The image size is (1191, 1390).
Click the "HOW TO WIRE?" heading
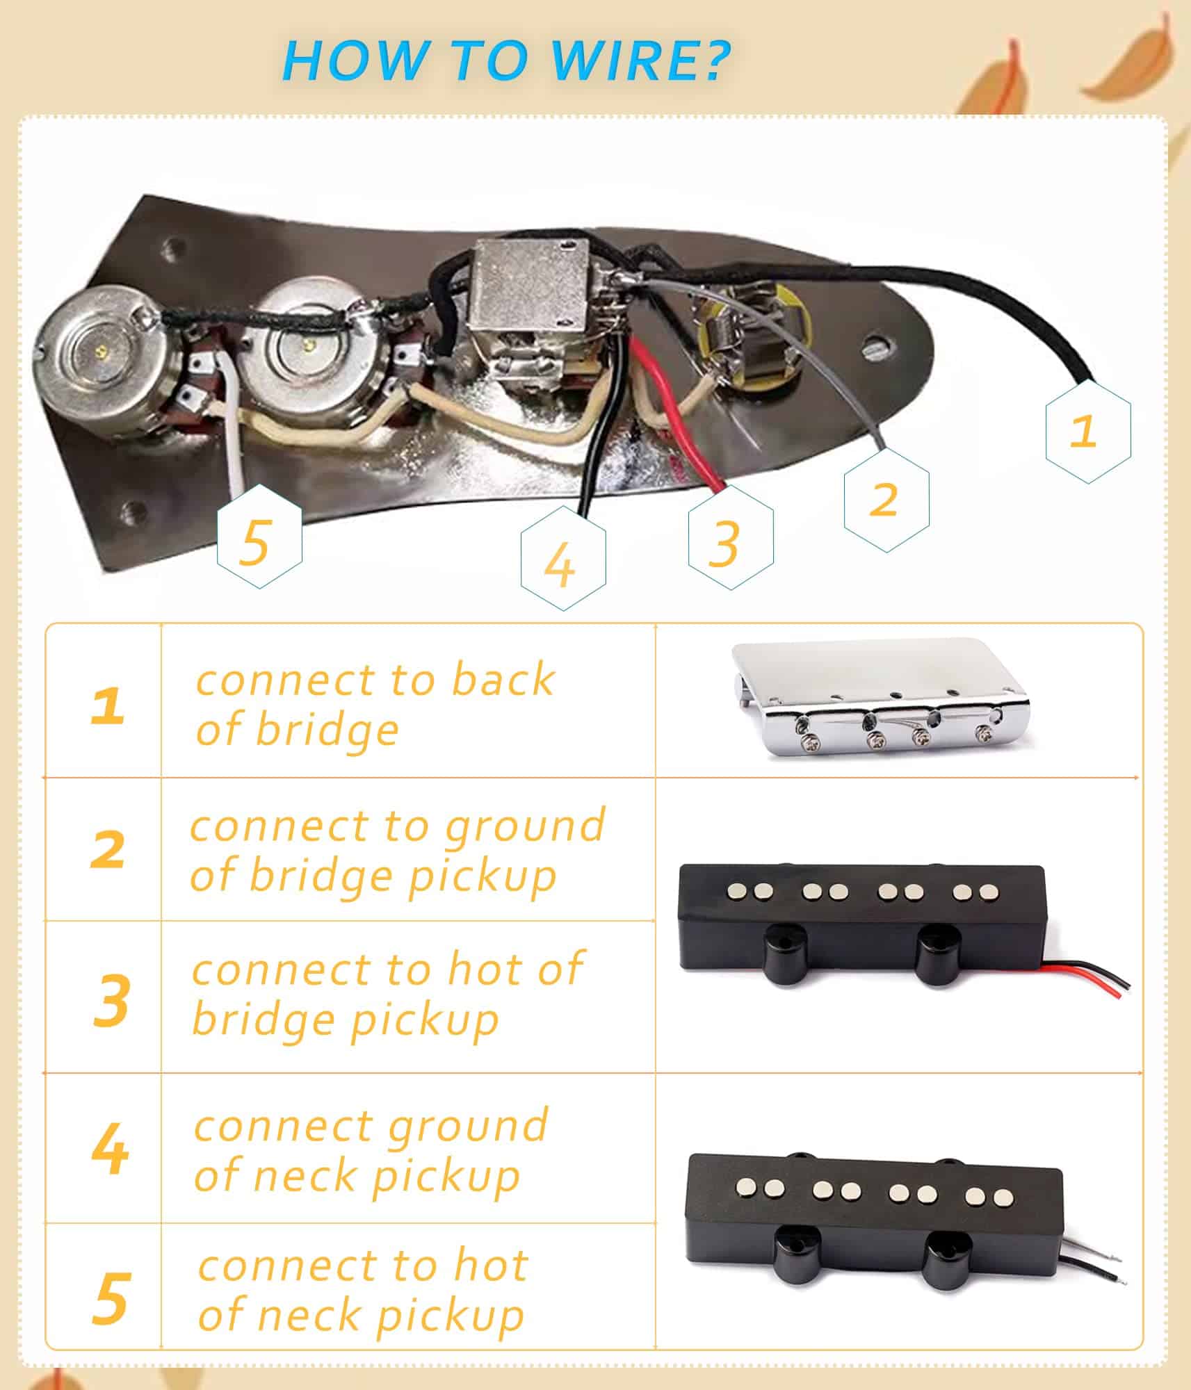(x=507, y=60)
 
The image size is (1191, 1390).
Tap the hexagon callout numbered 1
(x=1087, y=430)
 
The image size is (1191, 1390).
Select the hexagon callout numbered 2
(x=886, y=499)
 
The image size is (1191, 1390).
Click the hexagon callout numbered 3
(x=730, y=537)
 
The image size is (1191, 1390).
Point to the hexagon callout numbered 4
(x=562, y=558)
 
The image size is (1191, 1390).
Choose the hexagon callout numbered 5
(x=259, y=537)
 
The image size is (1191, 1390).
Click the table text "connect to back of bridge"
(x=375, y=704)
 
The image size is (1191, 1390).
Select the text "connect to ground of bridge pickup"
(x=398, y=851)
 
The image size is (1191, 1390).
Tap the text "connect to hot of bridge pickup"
(x=387, y=995)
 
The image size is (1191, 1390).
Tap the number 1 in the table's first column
(x=108, y=706)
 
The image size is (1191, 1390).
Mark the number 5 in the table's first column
(x=111, y=1298)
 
